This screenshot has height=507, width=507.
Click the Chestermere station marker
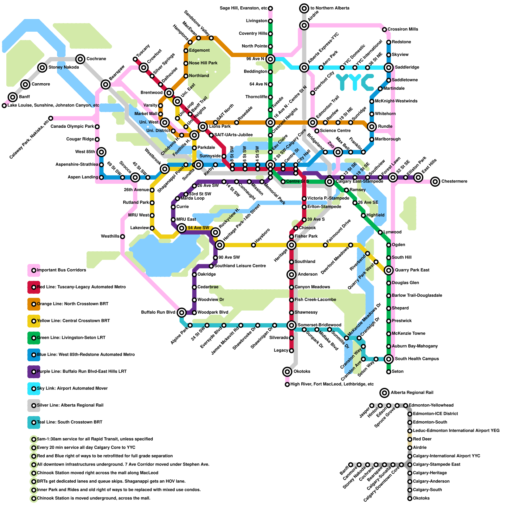435,182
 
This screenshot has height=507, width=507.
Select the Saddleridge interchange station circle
389,67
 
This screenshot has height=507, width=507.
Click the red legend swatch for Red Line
34,287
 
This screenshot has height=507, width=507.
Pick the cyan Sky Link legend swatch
34,388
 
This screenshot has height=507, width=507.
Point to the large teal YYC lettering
355,82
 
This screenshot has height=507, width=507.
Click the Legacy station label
281,350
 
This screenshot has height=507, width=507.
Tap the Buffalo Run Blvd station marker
182,313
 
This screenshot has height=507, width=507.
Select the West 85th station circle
101,152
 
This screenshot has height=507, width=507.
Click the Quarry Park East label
412,270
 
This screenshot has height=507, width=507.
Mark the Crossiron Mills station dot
384,29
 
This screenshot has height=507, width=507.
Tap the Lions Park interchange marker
203,127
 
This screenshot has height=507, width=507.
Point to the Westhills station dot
123,236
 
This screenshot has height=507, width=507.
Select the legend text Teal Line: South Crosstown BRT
70,422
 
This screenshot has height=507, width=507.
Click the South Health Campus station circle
389,359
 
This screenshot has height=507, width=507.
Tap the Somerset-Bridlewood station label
319,325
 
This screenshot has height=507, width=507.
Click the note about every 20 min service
86,448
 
